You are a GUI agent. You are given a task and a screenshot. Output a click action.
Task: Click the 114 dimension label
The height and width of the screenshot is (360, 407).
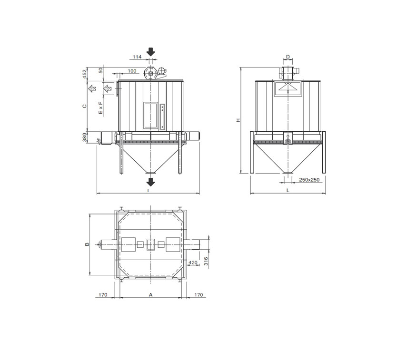tap(137, 57)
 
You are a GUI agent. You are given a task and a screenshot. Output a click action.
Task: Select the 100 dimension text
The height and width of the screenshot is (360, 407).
tap(132, 71)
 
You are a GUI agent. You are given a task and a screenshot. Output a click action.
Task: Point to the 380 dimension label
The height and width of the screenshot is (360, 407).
tap(84, 137)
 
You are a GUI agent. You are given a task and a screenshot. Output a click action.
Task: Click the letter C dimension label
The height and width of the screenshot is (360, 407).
tap(84, 106)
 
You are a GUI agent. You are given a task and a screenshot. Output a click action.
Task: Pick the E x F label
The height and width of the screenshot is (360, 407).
tap(100, 108)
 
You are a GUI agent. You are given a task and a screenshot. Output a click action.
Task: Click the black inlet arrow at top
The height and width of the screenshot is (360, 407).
tap(150, 52)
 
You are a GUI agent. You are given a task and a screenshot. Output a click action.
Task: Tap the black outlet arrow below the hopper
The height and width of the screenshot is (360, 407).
tap(150, 182)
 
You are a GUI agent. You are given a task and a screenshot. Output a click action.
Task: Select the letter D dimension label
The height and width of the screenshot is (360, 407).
tap(288, 57)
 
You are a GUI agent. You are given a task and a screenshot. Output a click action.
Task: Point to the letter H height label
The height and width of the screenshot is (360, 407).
tap(238, 120)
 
